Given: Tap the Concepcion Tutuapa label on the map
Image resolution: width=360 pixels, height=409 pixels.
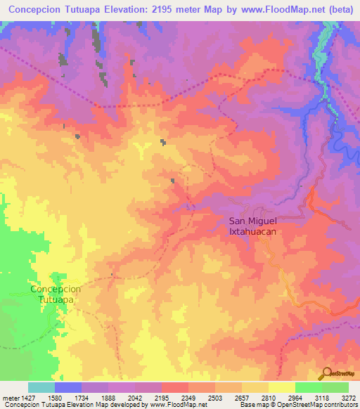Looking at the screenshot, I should click(56, 294).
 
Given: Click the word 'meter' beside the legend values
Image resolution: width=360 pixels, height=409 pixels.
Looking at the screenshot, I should click(9, 397).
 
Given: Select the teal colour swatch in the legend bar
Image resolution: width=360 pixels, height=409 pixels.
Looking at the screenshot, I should click(41, 387).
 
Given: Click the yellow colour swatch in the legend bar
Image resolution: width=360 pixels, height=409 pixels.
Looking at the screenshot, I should click(282, 387).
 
